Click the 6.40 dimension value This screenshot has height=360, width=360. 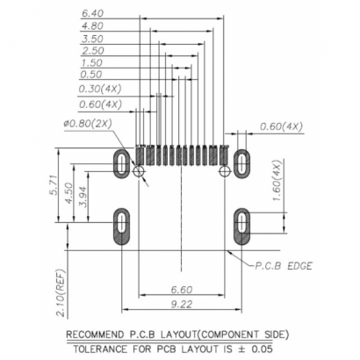click(x=92, y=15)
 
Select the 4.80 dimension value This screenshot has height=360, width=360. click(x=92, y=27)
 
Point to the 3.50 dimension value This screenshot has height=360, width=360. click(x=92, y=40)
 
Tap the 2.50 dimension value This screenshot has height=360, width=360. click(x=92, y=51)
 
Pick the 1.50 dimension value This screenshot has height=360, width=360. click(x=92, y=63)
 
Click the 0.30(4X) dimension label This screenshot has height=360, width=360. click(x=98, y=89)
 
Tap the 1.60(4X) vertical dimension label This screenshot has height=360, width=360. click(x=277, y=182)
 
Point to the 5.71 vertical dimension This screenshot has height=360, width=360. click(x=54, y=188)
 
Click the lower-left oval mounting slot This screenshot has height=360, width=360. click(x=121, y=227)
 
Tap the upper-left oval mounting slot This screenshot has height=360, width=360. click(x=121, y=161)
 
